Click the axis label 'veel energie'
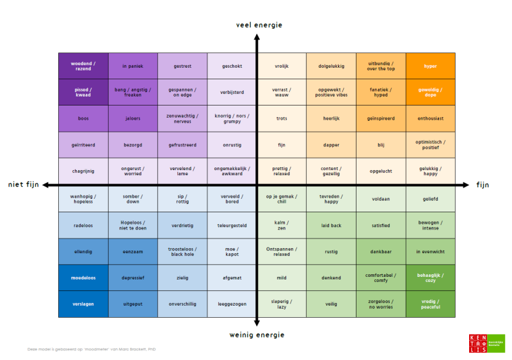(x=259, y=25)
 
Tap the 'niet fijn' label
(x=24, y=185)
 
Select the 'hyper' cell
(x=430, y=66)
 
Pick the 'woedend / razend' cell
(x=83, y=66)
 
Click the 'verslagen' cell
(x=83, y=304)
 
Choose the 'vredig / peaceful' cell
(x=430, y=304)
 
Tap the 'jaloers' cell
(x=132, y=118)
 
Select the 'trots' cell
(x=282, y=118)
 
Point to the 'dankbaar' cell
(x=381, y=251)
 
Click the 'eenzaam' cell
(x=132, y=251)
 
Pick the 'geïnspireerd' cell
(x=381, y=118)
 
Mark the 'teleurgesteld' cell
(x=232, y=225)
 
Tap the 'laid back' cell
(x=331, y=225)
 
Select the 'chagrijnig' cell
(x=83, y=171)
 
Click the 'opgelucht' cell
(x=381, y=171)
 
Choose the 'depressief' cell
(x=132, y=278)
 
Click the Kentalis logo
(x=486, y=343)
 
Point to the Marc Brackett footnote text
(x=92, y=349)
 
